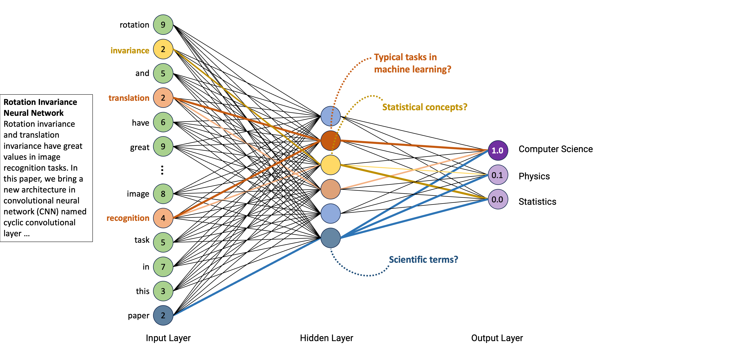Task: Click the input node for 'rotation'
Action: tap(163, 25)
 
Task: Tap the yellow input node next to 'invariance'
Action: tap(163, 49)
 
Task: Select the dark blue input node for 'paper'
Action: tap(163, 315)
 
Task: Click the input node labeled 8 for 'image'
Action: tap(163, 194)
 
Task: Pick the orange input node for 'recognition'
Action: tap(163, 218)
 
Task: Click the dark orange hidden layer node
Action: tap(330, 141)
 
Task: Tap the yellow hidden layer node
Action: tap(330, 165)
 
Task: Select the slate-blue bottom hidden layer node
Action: tap(330, 238)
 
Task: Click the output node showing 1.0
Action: tap(498, 150)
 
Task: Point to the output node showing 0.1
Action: tap(498, 175)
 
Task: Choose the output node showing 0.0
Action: tap(498, 199)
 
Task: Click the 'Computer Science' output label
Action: tap(555, 149)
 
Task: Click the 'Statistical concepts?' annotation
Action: tap(425, 107)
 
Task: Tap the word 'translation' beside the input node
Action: tap(129, 98)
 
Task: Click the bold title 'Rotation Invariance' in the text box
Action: tap(40, 102)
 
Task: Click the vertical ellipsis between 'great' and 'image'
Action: tap(162, 170)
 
